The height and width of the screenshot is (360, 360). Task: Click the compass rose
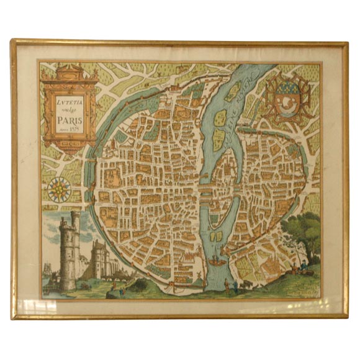click(59, 186)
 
